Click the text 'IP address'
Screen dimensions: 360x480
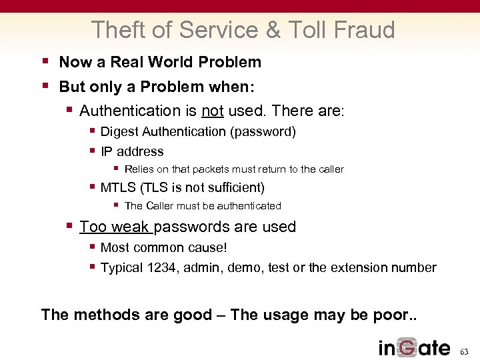pos(132,151)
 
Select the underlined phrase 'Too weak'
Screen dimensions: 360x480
pos(115,227)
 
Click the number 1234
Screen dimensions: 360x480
pos(162,267)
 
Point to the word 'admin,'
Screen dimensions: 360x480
pos(202,267)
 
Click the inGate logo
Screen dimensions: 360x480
pos(414,347)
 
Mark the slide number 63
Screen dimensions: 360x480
pos(465,351)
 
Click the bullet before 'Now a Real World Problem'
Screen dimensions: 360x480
pos(45,61)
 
